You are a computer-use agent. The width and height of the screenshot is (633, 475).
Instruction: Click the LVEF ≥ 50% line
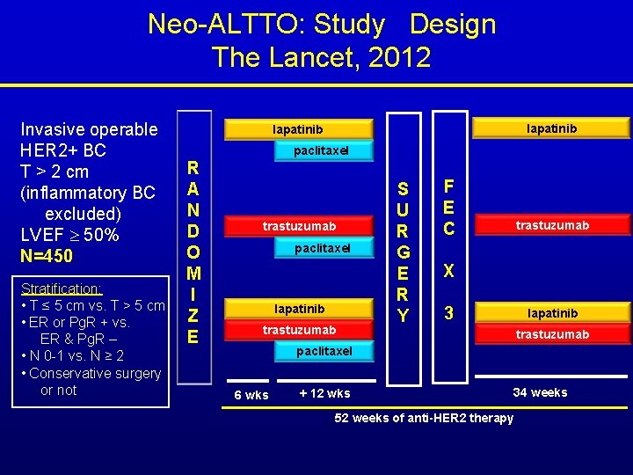click(x=69, y=235)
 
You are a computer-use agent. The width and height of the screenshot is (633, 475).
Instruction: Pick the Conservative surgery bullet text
click(x=95, y=373)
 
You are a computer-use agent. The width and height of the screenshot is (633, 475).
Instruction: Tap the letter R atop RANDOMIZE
click(x=194, y=167)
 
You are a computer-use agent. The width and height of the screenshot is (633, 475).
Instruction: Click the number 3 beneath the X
click(x=448, y=312)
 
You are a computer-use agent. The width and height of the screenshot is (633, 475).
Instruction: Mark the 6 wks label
click(x=251, y=395)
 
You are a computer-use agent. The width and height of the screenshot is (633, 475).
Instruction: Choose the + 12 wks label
click(x=324, y=393)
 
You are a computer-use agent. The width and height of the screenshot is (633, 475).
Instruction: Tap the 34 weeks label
click(x=540, y=392)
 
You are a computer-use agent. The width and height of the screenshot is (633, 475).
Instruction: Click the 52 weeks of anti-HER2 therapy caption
click(x=424, y=418)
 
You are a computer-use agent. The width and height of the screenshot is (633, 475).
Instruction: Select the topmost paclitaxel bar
click(x=321, y=151)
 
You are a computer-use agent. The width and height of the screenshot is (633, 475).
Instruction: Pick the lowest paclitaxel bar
click(x=323, y=352)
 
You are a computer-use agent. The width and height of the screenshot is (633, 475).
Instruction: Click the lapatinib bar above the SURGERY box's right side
click(x=551, y=129)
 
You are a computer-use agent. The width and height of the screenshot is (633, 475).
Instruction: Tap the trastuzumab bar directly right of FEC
click(x=552, y=226)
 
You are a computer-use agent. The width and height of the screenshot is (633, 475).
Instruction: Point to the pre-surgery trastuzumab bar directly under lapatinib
click(x=299, y=331)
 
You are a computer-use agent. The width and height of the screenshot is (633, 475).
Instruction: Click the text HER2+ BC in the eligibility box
click(x=63, y=150)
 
